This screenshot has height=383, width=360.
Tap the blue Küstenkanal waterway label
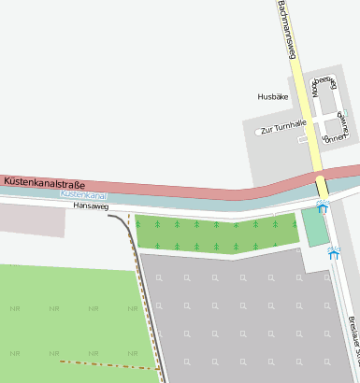[83, 194]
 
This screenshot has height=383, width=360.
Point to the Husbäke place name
[273, 96]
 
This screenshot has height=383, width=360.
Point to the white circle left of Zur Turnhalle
[258, 132]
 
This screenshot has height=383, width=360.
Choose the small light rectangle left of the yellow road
[302, 139]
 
